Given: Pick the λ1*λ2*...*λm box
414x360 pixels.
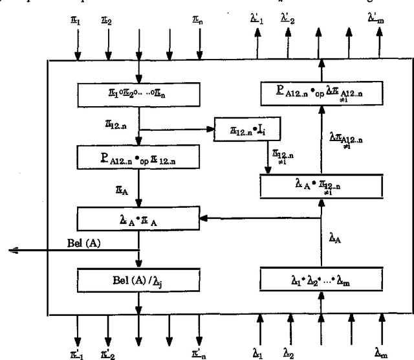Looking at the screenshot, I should [x=321, y=280].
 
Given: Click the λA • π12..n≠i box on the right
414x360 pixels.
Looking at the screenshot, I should [x=321, y=187].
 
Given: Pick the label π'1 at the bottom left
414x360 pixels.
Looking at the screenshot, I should [x=77, y=352].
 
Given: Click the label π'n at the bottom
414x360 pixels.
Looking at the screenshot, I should [x=200, y=352].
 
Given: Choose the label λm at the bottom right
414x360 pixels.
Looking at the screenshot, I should [x=382, y=352].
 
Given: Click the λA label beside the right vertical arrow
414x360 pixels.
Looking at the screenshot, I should [x=336, y=239].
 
